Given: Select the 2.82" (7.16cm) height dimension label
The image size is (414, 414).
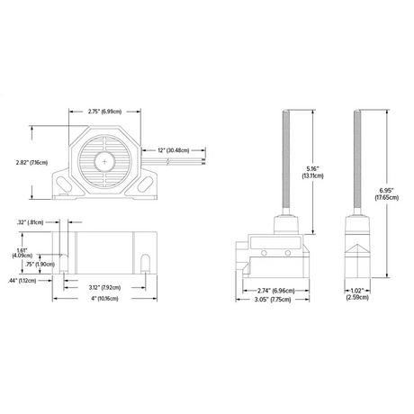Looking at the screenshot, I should (32, 163).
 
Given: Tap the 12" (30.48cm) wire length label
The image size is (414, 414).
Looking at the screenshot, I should (172, 149).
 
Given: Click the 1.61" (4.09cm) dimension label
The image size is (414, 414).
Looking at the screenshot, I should (25, 255).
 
